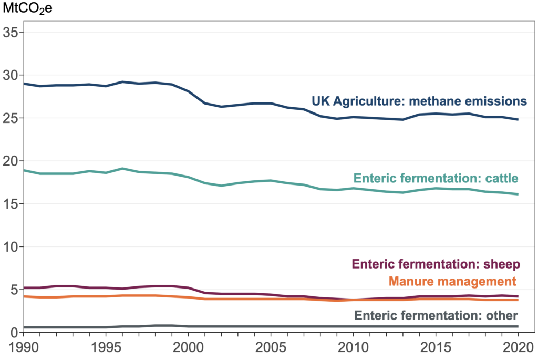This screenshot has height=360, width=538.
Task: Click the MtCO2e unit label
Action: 24,9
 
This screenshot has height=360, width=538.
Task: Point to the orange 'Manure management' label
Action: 452,281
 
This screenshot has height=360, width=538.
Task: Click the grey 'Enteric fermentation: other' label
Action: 436,315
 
